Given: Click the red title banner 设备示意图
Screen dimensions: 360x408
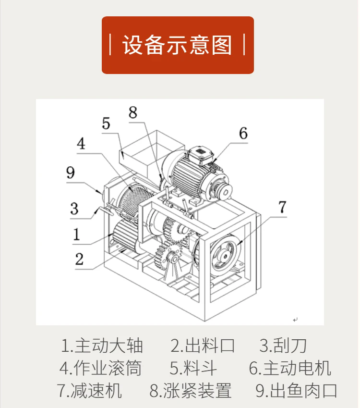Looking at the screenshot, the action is (x=178, y=45).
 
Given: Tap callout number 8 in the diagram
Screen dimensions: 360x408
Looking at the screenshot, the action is (x=133, y=112).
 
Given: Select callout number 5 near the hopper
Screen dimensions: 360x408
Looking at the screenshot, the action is (x=106, y=124).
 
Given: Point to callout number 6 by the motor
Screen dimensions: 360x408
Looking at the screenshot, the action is (x=243, y=133).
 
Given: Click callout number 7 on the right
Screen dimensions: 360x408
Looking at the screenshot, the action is (x=282, y=207).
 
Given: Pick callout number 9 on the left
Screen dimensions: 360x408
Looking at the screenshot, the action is (x=71, y=173).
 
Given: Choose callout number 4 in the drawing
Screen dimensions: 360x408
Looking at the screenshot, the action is (x=81, y=143).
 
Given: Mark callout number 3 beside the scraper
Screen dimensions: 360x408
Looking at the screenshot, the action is (x=74, y=209).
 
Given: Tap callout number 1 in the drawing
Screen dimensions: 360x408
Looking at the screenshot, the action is (x=76, y=234).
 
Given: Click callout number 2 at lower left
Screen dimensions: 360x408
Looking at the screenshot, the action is (x=79, y=259).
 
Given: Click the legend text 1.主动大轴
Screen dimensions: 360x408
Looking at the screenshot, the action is (x=102, y=346).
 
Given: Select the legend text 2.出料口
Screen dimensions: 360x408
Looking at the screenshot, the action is (x=203, y=346).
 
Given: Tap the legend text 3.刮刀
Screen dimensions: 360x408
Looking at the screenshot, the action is (x=283, y=346).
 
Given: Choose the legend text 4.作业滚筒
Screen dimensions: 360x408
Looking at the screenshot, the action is (x=101, y=368).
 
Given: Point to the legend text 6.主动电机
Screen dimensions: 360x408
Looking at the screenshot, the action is (x=290, y=368).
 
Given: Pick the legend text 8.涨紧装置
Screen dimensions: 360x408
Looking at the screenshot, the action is (x=190, y=391).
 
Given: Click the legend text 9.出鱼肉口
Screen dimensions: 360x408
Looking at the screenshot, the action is (x=296, y=391).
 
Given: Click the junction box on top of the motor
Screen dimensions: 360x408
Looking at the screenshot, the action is (x=200, y=155).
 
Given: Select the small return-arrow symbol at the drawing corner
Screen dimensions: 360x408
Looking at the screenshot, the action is (x=295, y=320).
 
